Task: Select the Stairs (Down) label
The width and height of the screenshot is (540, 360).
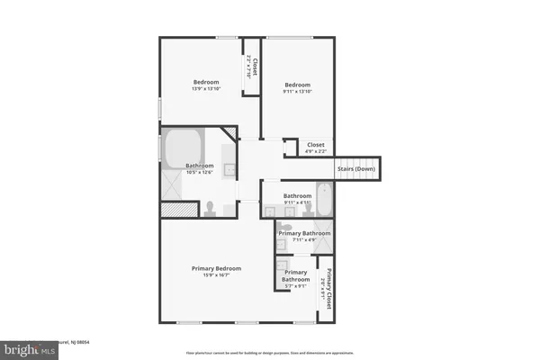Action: [356, 169]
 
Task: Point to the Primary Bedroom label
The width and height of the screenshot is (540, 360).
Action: [217, 267]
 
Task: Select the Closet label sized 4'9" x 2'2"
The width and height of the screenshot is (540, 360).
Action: [316, 149]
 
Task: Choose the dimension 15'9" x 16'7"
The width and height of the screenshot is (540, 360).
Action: [217, 275]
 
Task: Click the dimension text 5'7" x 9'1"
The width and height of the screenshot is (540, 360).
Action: [297, 286]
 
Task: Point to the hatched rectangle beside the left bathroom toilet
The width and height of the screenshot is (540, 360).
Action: [178, 209]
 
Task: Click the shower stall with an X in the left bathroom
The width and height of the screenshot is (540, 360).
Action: [171, 184]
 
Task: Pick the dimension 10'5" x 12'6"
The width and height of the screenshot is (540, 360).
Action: [199, 173]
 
